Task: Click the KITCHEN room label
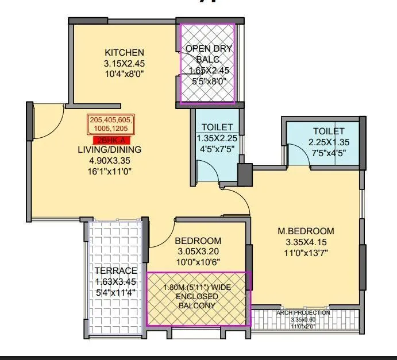click(124, 52)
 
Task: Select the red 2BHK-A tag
click(110, 140)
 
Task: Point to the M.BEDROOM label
click(305, 231)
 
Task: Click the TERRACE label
click(116, 271)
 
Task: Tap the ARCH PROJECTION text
click(303, 313)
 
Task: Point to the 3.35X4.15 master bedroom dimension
click(305, 242)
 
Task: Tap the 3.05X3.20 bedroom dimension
click(198, 251)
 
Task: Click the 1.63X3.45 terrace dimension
click(116, 281)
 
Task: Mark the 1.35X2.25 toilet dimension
click(217, 138)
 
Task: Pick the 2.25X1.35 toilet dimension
click(329, 142)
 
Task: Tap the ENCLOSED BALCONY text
click(198, 301)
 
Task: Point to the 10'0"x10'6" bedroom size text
click(198, 261)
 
